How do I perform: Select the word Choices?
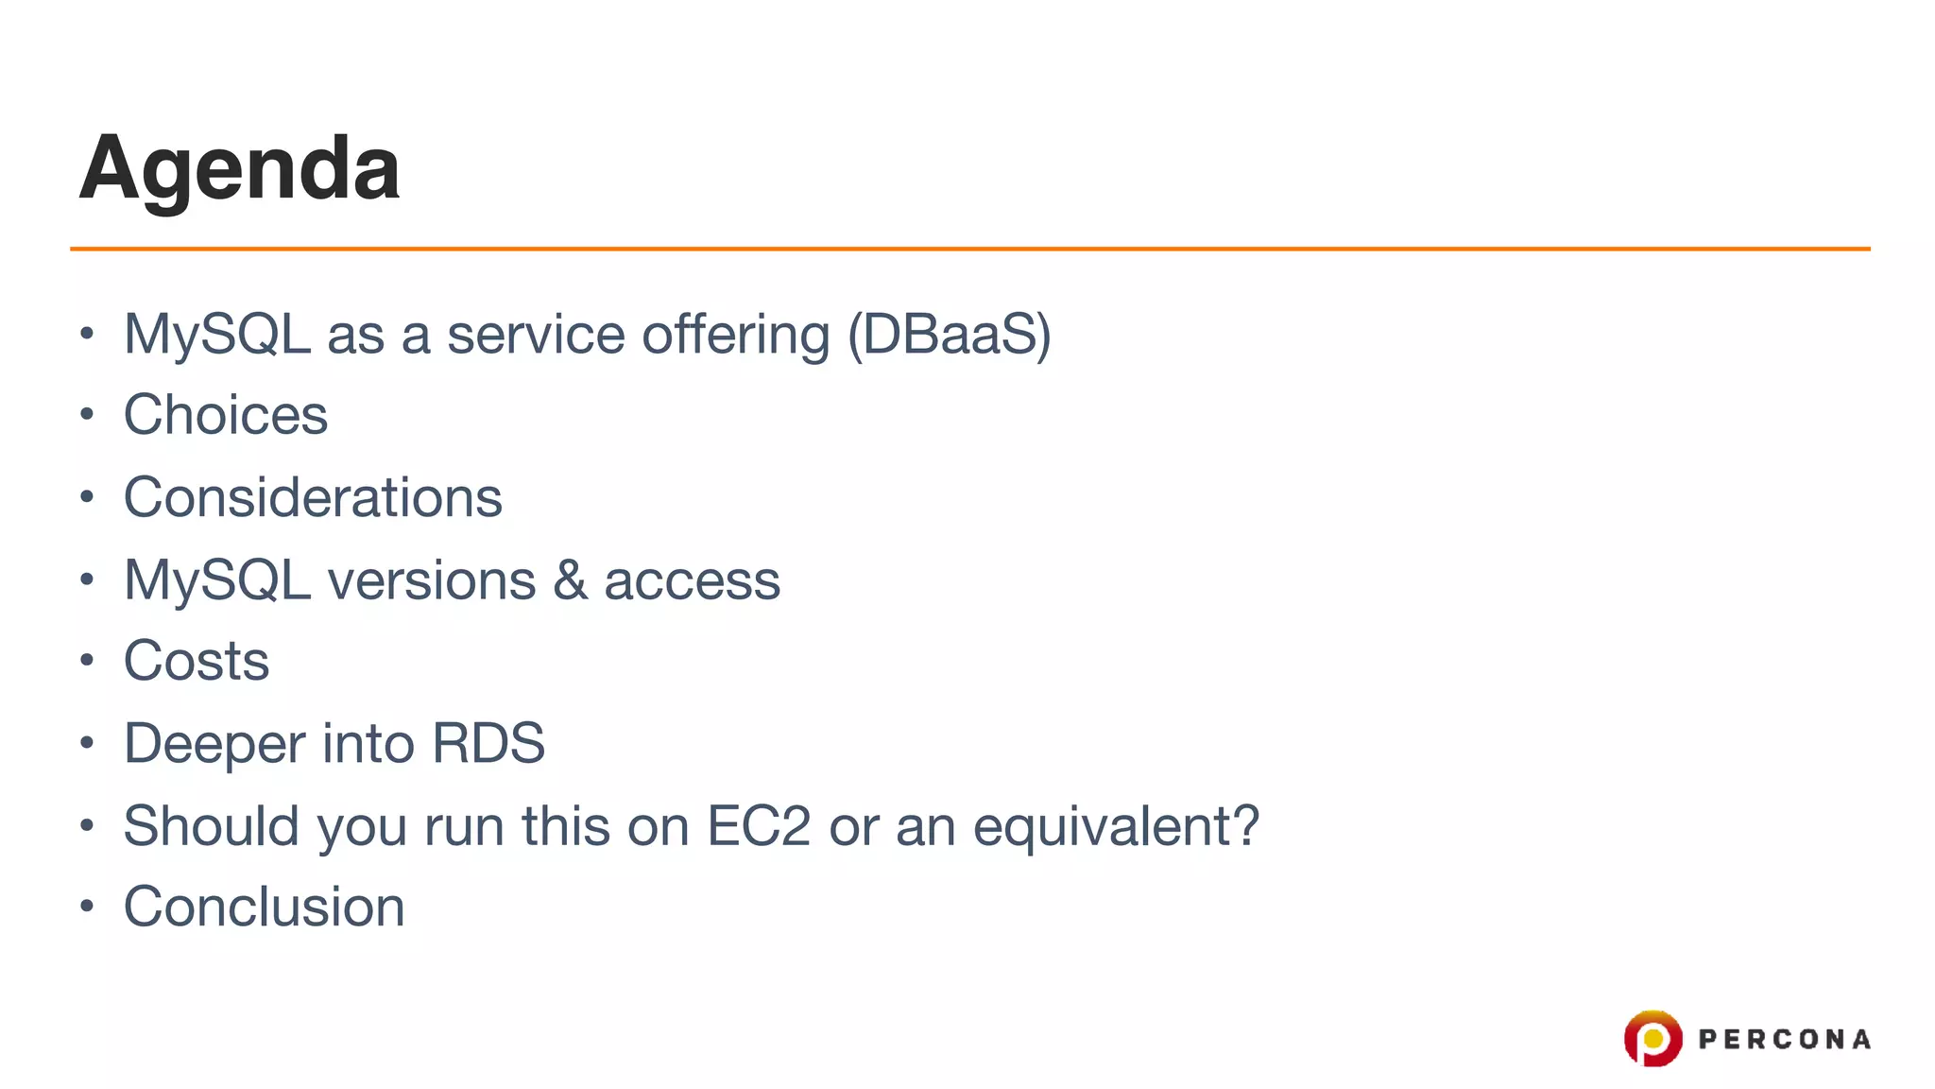226,415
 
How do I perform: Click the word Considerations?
313,497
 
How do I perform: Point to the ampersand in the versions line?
570,579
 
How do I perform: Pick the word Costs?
197,660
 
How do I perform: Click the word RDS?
488,743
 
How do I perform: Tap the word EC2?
758,825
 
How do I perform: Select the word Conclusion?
265,907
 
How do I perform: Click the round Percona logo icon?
1652,1038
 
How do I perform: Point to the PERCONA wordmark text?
1784,1040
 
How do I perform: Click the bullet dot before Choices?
87,414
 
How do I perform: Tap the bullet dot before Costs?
87,660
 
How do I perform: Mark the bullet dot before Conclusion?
87,907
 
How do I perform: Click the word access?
692,579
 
